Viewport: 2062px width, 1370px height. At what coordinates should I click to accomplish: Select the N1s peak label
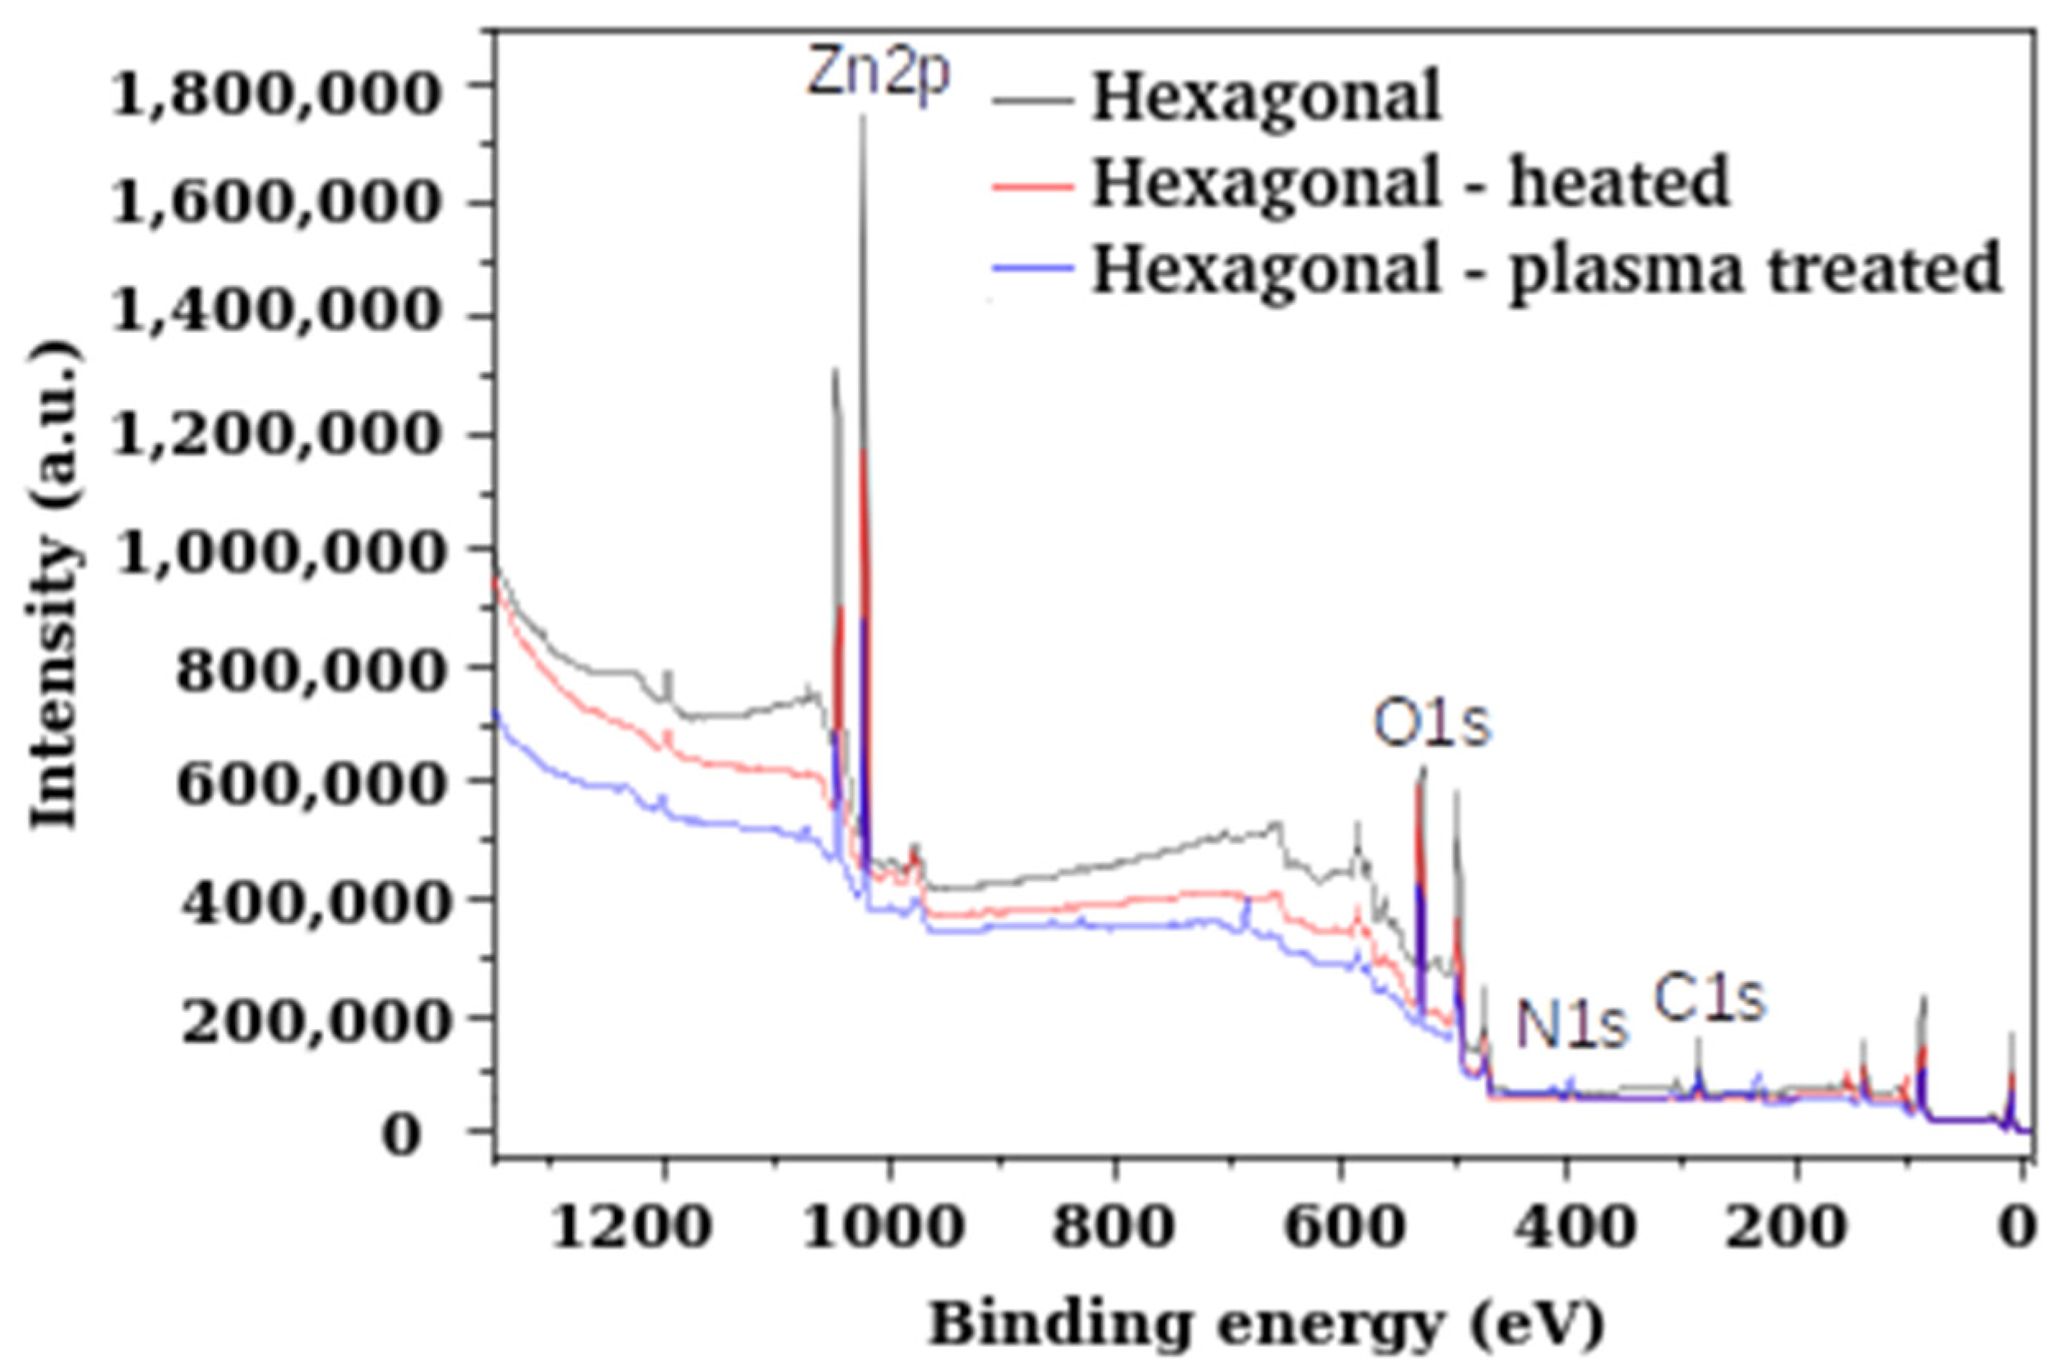tap(1572, 1024)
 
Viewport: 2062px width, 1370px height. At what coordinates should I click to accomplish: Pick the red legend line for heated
tap(1033, 184)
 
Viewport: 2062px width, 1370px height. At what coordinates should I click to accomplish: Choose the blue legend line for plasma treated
tap(1033, 269)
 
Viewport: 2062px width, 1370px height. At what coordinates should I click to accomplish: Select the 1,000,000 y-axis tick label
tap(273, 554)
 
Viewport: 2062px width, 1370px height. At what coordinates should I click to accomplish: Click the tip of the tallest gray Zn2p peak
tap(862, 117)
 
